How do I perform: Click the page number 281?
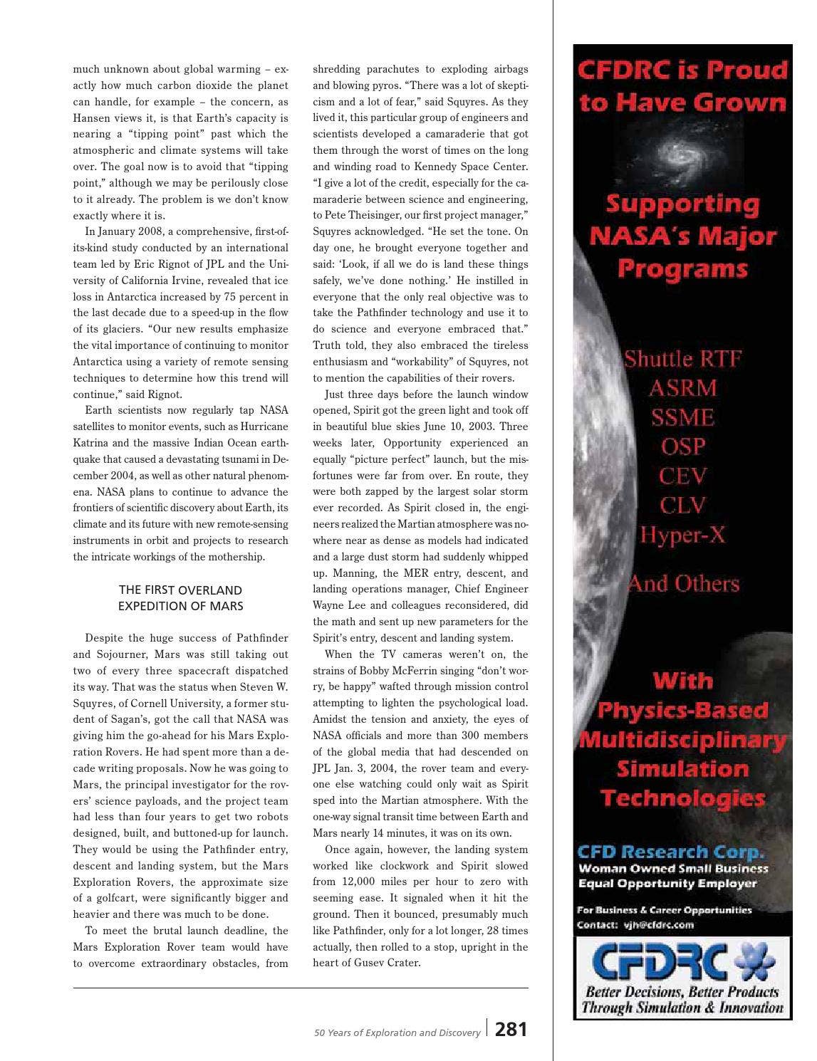[511, 1030]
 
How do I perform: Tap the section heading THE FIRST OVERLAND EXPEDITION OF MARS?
[180, 598]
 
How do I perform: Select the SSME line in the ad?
[682, 417]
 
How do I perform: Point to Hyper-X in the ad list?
[682, 535]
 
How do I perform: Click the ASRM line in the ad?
[682, 388]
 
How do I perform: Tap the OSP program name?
[682, 446]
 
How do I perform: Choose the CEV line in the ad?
[682, 476]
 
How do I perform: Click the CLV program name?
[682, 506]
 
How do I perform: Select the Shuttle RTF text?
[682, 358]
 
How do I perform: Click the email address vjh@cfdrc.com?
[658, 925]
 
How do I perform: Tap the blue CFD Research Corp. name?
[670, 851]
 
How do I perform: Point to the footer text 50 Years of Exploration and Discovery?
[397, 1033]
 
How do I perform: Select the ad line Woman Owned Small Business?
[673, 868]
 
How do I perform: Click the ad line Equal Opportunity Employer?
[667, 884]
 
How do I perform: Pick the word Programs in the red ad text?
[682, 269]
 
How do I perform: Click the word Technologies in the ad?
[682, 798]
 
